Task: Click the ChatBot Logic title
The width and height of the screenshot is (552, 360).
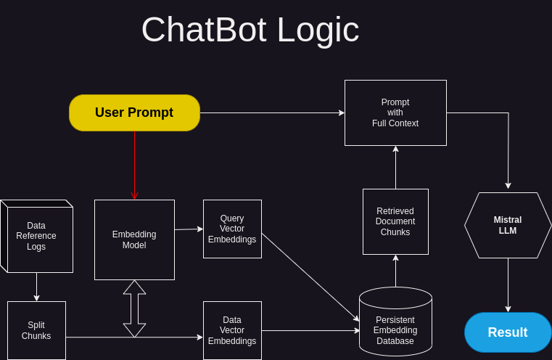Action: tap(250, 30)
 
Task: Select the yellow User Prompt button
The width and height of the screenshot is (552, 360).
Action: tap(134, 112)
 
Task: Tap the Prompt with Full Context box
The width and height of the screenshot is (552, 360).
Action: tap(395, 112)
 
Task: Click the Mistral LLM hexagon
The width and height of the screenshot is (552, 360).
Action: tap(508, 225)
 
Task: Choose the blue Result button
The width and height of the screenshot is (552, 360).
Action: tap(508, 332)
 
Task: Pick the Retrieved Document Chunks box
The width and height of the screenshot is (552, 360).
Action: tap(395, 221)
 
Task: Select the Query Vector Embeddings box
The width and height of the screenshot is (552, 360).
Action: tap(232, 229)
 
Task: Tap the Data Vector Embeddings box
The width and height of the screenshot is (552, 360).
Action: tap(232, 330)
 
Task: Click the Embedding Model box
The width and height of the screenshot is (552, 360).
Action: tap(134, 240)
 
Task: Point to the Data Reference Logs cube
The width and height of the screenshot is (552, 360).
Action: tap(36, 237)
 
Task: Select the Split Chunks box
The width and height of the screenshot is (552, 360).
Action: tap(36, 330)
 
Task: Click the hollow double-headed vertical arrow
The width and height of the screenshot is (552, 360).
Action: tap(134, 308)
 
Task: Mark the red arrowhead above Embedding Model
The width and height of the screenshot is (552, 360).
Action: tap(134, 196)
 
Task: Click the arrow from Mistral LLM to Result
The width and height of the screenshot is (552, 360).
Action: tap(508, 285)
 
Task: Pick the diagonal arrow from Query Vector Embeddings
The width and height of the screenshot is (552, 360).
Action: tap(310, 277)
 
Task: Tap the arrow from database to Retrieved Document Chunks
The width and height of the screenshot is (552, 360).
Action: tap(395, 271)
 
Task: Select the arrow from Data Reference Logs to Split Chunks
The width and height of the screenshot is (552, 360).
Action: tap(36, 287)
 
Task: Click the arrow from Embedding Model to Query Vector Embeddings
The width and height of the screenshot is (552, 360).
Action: tap(189, 229)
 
